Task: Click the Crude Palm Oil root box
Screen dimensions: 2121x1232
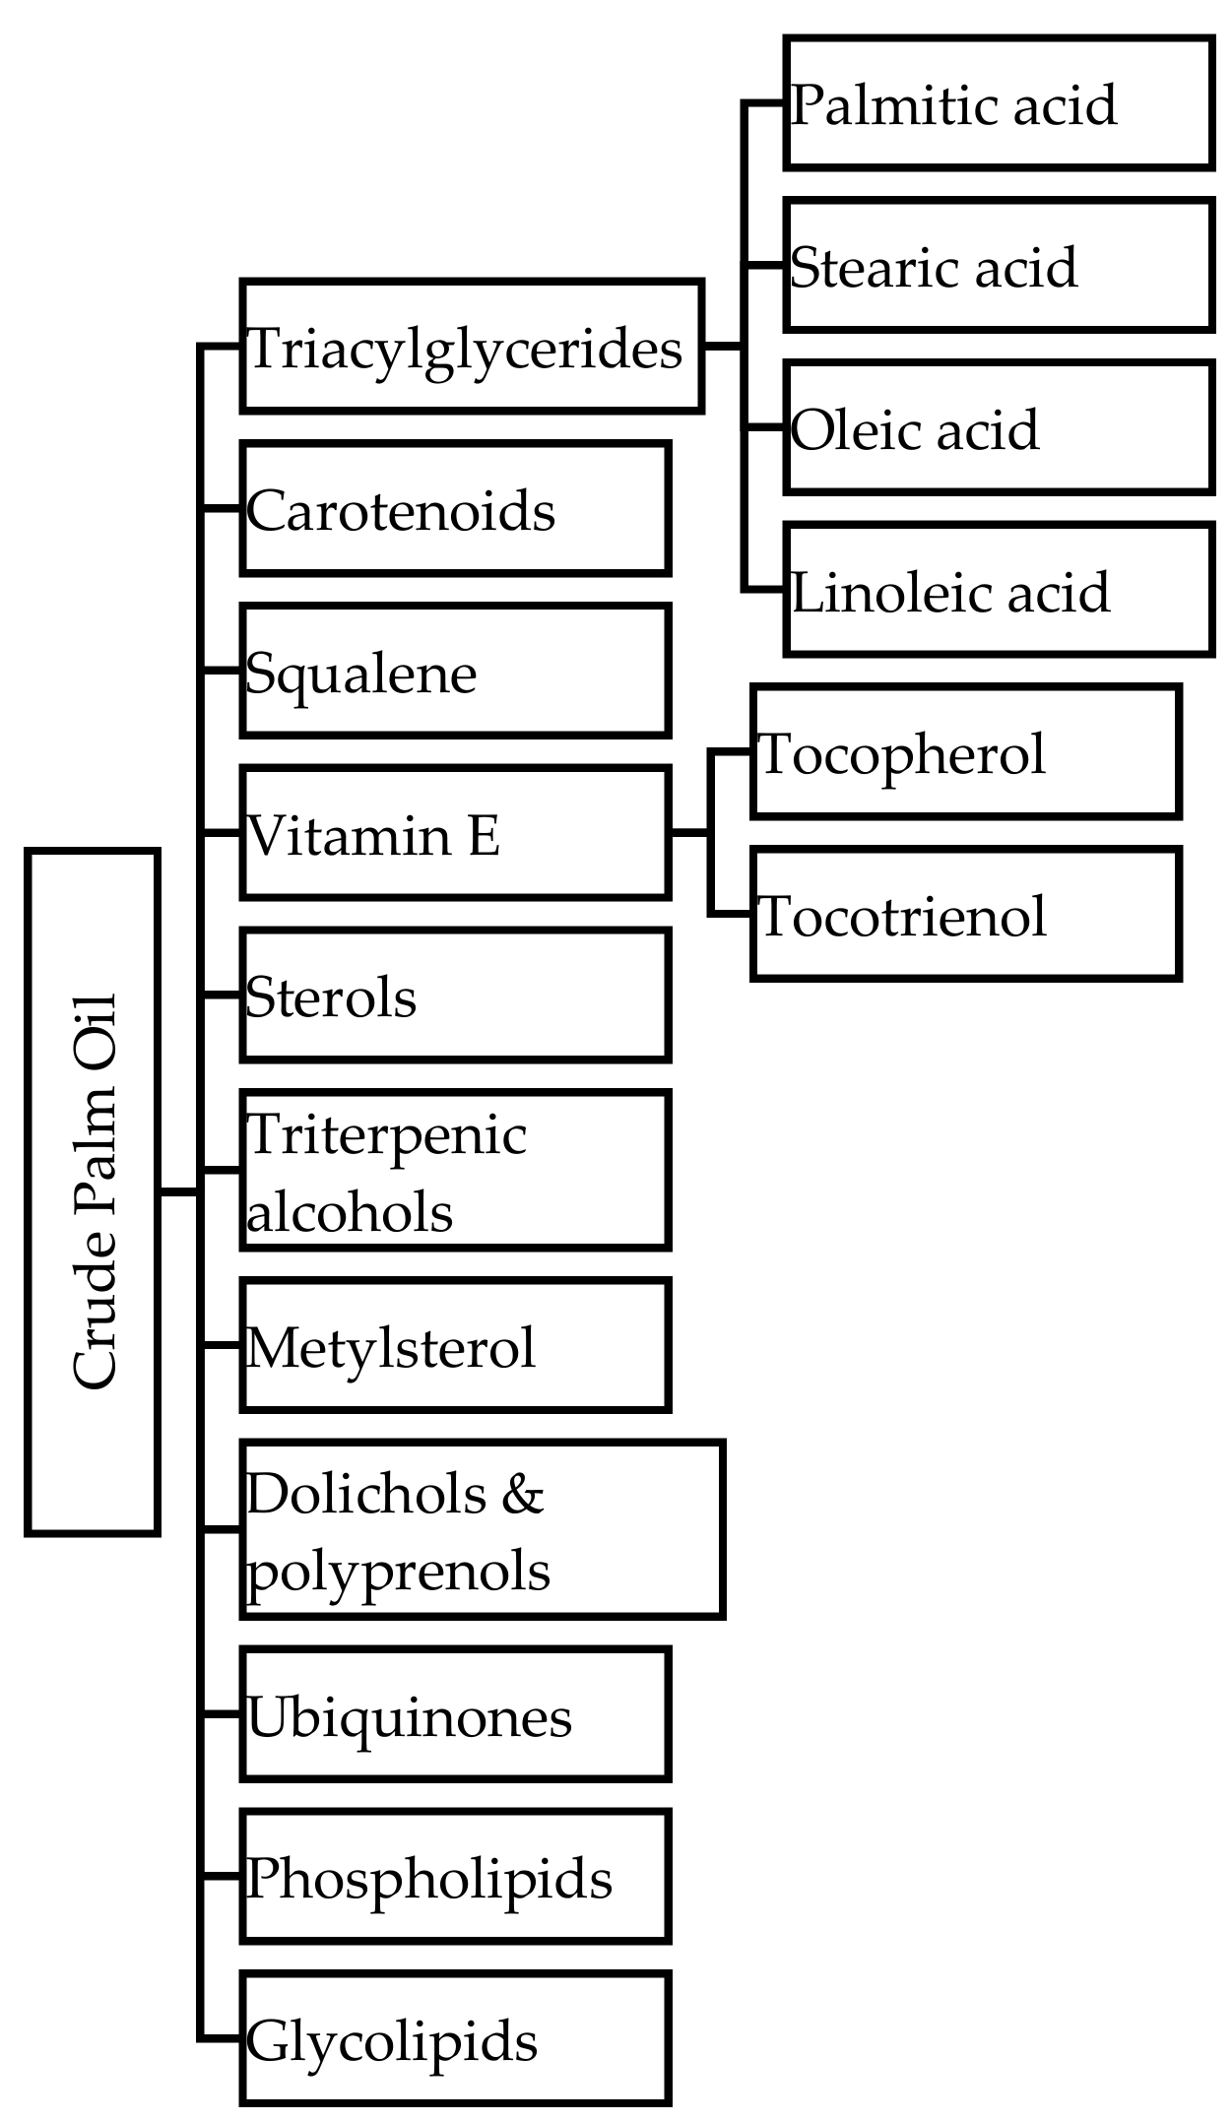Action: pyautogui.click(x=93, y=1191)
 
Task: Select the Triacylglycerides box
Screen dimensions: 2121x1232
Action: pyautogui.click(x=472, y=347)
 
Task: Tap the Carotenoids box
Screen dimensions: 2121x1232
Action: pyautogui.click(x=455, y=509)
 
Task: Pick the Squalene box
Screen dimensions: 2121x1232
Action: pyautogui.click(x=455, y=672)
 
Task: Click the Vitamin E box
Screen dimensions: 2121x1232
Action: pyautogui.click(x=455, y=834)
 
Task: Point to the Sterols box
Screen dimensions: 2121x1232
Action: pyautogui.click(x=455, y=996)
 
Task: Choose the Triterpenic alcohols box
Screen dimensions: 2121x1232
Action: pyautogui.click(x=455, y=1171)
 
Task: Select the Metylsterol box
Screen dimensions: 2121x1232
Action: pyautogui.click(x=455, y=1345)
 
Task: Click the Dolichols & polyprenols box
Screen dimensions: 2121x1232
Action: pyautogui.click(x=483, y=1530)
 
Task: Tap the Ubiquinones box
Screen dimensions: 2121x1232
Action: pyautogui.click(x=455, y=1715)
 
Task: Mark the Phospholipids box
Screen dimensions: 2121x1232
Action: pyautogui.click(x=455, y=1877)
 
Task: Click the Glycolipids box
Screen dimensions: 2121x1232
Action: pyautogui.click(x=455, y=2039)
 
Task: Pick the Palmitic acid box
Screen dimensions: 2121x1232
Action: pyautogui.click(x=999, y=103)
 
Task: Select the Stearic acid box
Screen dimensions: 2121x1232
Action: pyautogui.click(x=999, y=266)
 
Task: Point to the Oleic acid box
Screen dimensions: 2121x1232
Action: pyautogui.click(x=999, y=428)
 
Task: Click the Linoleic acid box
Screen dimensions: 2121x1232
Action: pyautogui.click(x=999, y=591)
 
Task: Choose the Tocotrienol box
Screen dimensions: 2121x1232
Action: pyautogui.click(x=965, y=915)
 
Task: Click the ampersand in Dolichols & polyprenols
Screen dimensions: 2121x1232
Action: pyautogui.click(x=522, y=1494)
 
